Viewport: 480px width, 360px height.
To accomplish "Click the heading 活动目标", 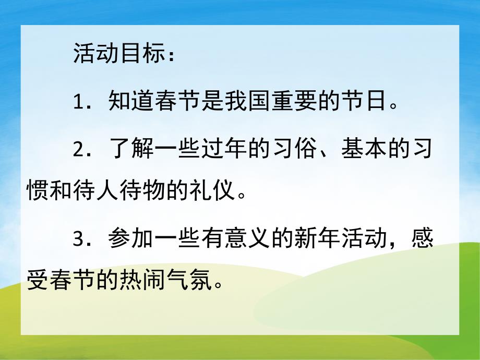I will (x=118, y=55).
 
